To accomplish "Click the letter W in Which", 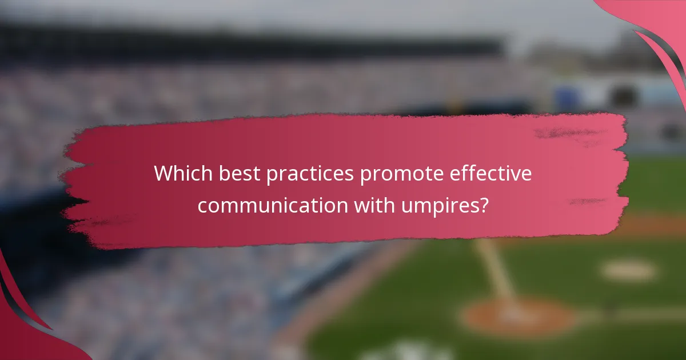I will tap(163, 174).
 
